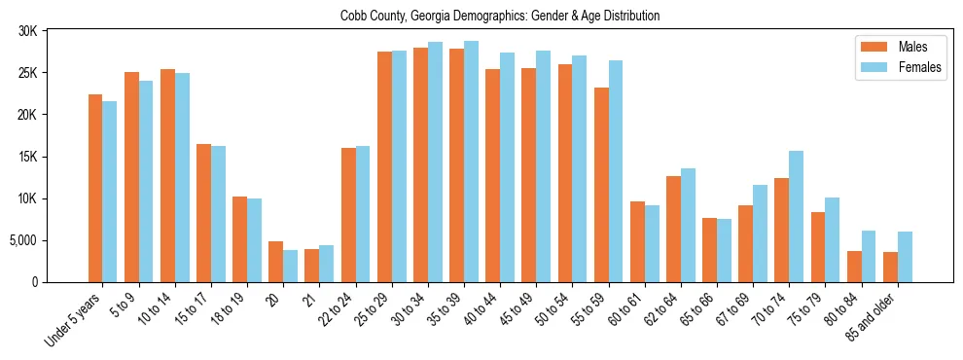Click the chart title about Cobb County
point(500,16)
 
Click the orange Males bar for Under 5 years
point(95,188)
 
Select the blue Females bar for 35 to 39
point(471,162)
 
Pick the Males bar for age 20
point(276,262)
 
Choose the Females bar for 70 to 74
point(796,216)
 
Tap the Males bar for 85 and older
point(890,267)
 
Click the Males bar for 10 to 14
point(167,175)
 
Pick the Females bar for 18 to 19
point(254,240)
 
